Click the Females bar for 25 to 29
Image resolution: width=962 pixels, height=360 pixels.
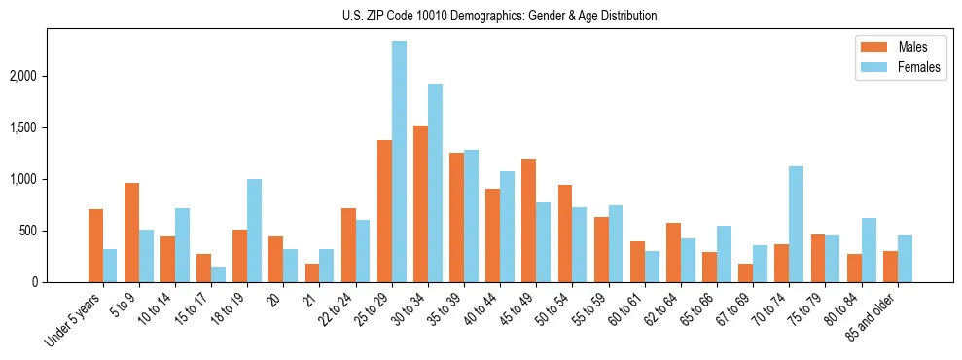[399, 162]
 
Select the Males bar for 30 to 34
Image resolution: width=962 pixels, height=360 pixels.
[420, 203]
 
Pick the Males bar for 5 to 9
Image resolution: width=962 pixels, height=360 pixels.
[131, 233]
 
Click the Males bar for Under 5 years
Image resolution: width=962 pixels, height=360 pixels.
[95, 245]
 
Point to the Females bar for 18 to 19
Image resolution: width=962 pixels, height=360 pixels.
[254, 231]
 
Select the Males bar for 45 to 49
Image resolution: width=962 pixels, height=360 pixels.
[529, 220]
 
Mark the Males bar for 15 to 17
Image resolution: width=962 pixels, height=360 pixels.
[203, 268]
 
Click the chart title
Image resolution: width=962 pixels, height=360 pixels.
[500, 16]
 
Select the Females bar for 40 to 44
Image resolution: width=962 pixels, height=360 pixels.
[508, 227]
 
